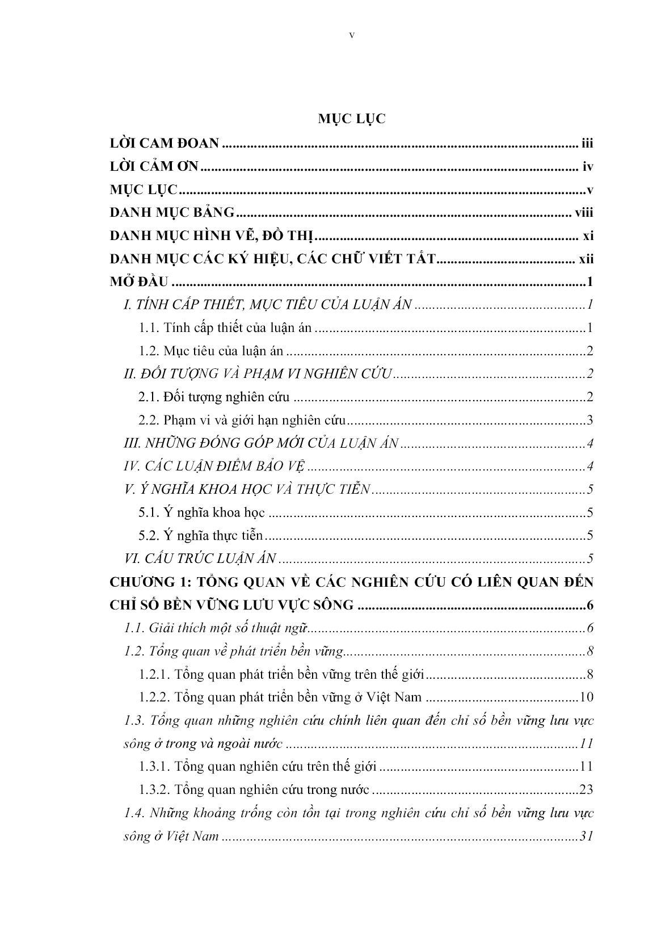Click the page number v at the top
(x=352, y=35)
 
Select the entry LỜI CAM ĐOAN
(x=164, y=144)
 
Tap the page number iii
(x=587, y=144)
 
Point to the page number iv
(x=588, y=167)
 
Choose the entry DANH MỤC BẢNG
(x=171, y=213)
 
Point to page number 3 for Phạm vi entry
(x=590, y=421)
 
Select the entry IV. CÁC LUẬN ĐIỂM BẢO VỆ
(x=214, y=466)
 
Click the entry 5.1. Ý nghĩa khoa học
(x=202, y=513)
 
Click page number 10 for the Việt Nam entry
(x=586, y=697)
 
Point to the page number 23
(x=586, y=789)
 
